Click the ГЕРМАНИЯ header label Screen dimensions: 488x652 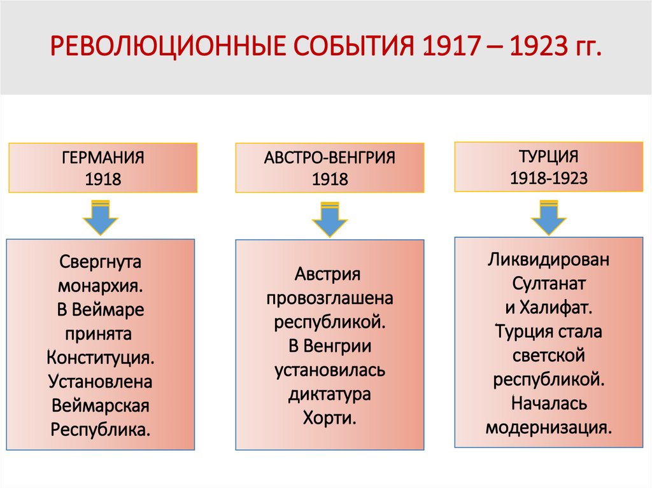pos(103,157)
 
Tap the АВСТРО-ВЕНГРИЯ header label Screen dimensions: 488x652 pos(330,158)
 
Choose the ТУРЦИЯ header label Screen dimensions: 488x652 pos(548,156)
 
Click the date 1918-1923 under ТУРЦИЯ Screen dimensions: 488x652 pos(548,178)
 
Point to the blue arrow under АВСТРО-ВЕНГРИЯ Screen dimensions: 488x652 pos(329,220)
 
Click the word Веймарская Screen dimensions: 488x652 pos(101,405)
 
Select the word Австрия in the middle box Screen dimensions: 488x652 pos(328,275)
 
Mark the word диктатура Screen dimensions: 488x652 pos(329,394)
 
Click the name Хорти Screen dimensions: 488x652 pos(329,419)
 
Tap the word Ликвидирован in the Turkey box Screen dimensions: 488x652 pos(548,260)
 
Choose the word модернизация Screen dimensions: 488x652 pos(548,426)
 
